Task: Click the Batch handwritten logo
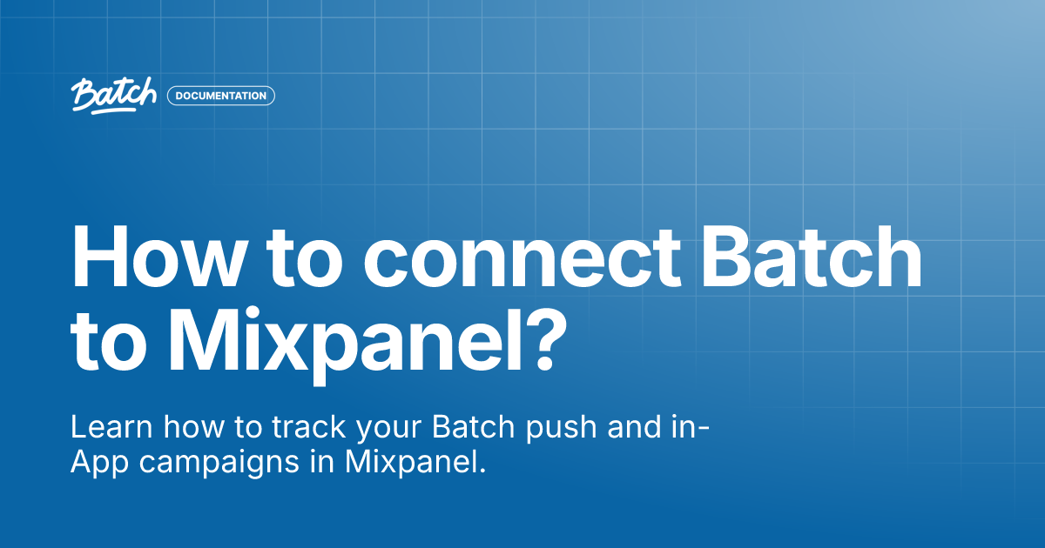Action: point(114,96)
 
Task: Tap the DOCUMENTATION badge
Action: point(221,96)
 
